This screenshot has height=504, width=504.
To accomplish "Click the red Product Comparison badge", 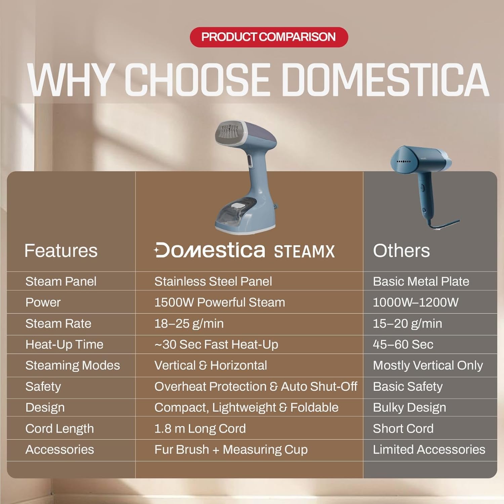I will pyautogui.click(x=268, y=37).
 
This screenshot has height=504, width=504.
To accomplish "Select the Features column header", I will pyautogui.click(x=61, y=251).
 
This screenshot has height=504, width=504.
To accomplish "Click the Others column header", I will pyautogui.click(x=401, y=251).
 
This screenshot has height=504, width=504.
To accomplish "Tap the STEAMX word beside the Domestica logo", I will pyautogui.click(x=304, y=252).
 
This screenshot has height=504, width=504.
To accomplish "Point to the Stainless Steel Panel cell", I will pyautogui.click(x=213, y=281).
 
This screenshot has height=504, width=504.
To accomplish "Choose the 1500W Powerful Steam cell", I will pyautogui.click(x=219, y=302).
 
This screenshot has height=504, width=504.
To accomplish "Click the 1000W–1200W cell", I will pyautogui.click(x=415, y=302).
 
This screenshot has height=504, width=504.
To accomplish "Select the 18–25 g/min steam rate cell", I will pyautogui.click(x=189, y=324).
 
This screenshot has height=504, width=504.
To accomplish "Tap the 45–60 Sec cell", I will pyautogui.click(x=403, y=344).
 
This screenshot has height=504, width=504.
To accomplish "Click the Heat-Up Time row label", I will pyautogui.click(x=64, y=344).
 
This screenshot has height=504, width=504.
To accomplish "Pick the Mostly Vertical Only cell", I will pyautogui.click(x=428, y=366).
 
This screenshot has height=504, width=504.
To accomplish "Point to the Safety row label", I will pyautogui.click(x=43, y=386).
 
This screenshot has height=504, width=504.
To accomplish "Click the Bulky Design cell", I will pyautogui.click(x=409, y=408).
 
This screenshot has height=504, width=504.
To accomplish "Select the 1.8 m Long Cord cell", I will pyautogui.click(x=200, y=429).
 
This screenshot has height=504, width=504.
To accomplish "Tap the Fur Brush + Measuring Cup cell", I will pyautogui.click(x=231, y=450).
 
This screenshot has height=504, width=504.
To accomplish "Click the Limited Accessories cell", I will pyautogui.click(x=429, y=450).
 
